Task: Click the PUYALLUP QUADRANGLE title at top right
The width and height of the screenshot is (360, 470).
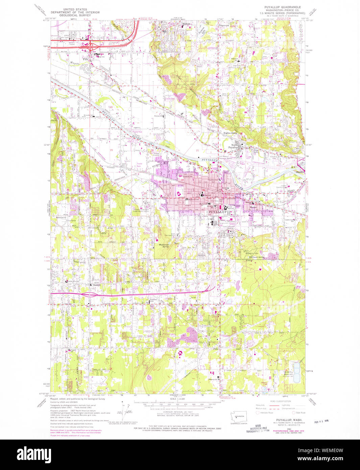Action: (282, 7)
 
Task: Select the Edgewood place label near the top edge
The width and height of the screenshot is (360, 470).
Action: (223, 25)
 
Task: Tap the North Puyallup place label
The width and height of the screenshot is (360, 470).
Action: (233, 146)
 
